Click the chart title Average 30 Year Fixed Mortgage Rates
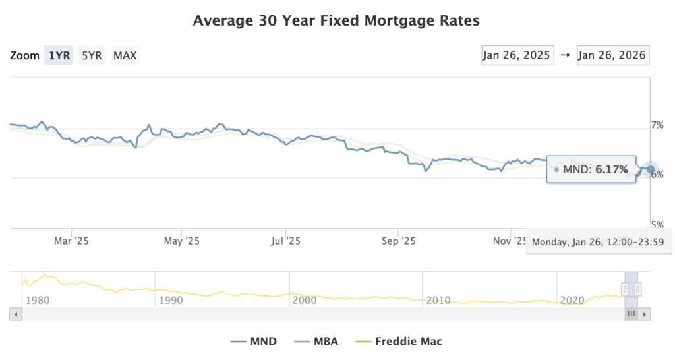click(x=336, y=21)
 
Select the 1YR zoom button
click(x=59, y=55)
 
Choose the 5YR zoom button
click(x=92, y=55)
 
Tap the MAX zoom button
click(x=125, y=55)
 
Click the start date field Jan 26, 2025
click(x=516, y=55)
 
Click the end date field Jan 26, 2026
click(x=612, y=55)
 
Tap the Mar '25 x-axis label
click(x=71, y=241)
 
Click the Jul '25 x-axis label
click(x=286, y=241)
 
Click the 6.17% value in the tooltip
click(x=612, y=170)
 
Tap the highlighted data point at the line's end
click(x=651, y=170)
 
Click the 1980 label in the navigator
click(x=37, y=301)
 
